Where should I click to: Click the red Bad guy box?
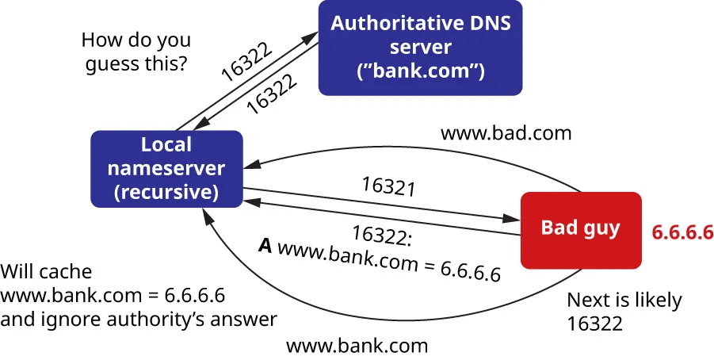(580, 229)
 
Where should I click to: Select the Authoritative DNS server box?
(420, 48)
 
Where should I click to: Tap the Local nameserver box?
(166, 169)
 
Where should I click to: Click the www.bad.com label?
(506, 132)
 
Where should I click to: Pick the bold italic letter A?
(265, 245)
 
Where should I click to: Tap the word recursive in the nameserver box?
(166, 191)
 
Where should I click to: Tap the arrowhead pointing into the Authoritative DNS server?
(315, 35)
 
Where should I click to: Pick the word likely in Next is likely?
(655, 301)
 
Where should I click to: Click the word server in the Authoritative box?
(420, 48)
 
